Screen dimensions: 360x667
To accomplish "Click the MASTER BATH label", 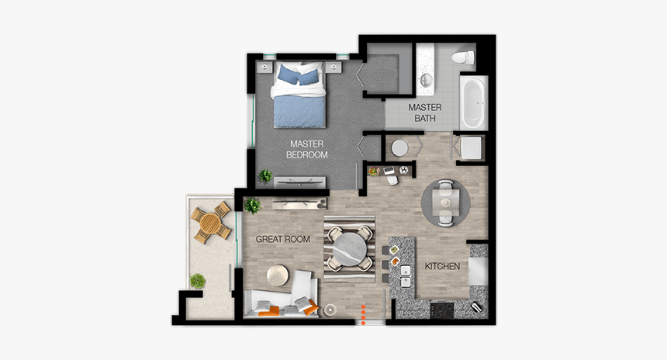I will [424, 112].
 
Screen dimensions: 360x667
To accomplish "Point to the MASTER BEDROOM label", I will [307, 149].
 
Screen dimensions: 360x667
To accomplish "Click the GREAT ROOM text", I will [283, 240].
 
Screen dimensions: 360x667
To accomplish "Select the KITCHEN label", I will [442, 267].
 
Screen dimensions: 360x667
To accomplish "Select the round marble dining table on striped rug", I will [349, 250].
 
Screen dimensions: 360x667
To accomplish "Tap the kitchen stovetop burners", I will [444, 310].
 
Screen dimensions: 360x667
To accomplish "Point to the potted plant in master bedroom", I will [266, 176].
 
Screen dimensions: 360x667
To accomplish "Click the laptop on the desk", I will [388, 169].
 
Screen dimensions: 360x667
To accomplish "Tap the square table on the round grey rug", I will [444, 202].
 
